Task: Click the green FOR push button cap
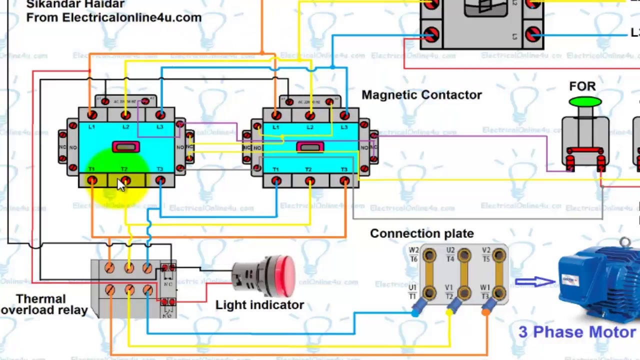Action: pyautogui.click(x=584, y=102)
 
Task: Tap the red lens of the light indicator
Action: pyautogui.click(x=286, y=275)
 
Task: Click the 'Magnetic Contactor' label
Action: pyautogui.click(x=421, y=95)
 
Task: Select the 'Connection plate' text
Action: pyautogui.click(x=421, y=233)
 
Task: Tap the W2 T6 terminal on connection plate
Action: pyautogui.click(x=429, y=256)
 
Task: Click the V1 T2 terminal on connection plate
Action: pyautogui.click(x=463, y=292)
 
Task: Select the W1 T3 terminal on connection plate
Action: pyautogui.click(x=498, y=292)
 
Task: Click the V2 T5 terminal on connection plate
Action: pyautogui.click(x=498, y=256)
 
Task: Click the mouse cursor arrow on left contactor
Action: pyautogui.click(x=121, y=185)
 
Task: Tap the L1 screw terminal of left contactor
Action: pyautogui.click(x=92, y=116)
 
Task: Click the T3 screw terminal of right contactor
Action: pyautogui.click(x=344, y=181)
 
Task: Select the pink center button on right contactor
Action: pyautogui.click(x=310, y=147)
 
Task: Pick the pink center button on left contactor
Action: pyautogui.click(x=125, y=147)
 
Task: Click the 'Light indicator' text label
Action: pyautogui.click(x=259, y=305)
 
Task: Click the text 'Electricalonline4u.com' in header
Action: pyautogui.click(x=131, y=17)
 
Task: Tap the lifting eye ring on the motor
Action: pyautogui.click(x=624, y=243)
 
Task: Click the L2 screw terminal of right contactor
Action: pyautogui.click(x=310, y=116)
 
